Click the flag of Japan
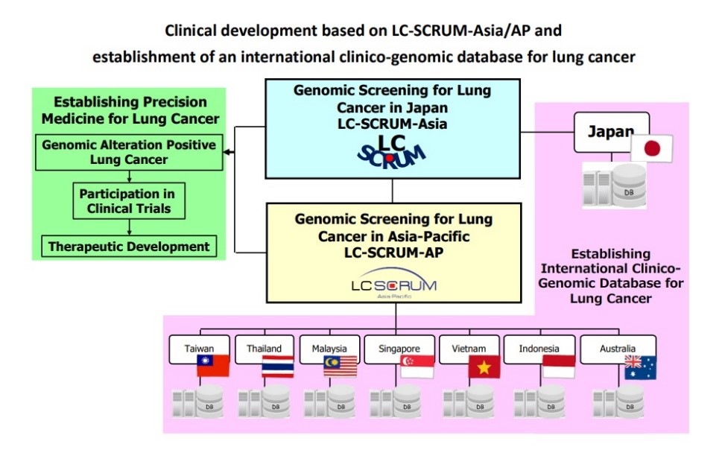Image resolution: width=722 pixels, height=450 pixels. click(652, 148)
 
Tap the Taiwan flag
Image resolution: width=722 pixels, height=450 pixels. click(213, 366)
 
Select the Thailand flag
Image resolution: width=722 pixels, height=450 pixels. click(278, 367)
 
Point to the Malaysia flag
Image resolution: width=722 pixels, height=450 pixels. click(341, 367)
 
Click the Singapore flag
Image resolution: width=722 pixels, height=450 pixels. click(417, 367)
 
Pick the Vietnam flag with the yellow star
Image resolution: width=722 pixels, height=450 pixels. click(484, 367)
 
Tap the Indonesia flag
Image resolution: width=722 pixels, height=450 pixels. click(558, 367)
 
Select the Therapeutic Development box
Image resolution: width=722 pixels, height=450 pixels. click(129, 246)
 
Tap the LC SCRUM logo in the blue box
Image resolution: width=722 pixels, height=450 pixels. click(390, 150)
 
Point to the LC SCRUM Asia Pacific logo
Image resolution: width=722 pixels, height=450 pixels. click(393, 287)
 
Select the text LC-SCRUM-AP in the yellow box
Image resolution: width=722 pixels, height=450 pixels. click(393, 252)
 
